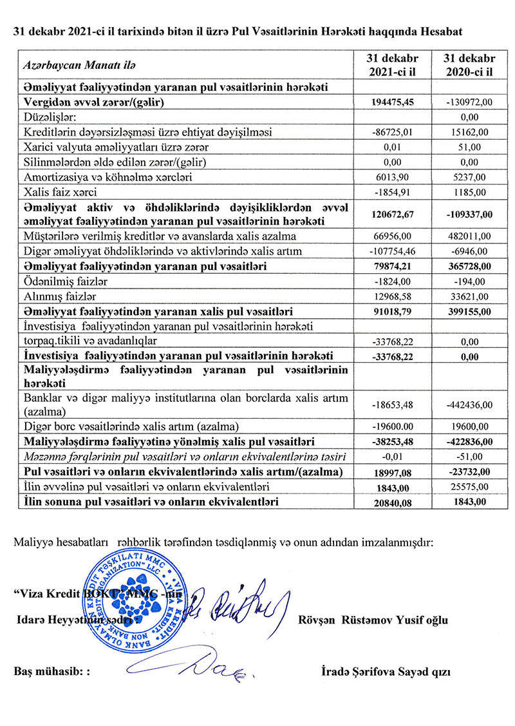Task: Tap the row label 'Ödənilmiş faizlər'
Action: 55,281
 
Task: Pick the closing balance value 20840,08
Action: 394,501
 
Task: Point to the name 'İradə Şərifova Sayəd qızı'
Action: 386,671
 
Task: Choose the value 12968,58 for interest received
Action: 394,296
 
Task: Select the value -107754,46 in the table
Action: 394,251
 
